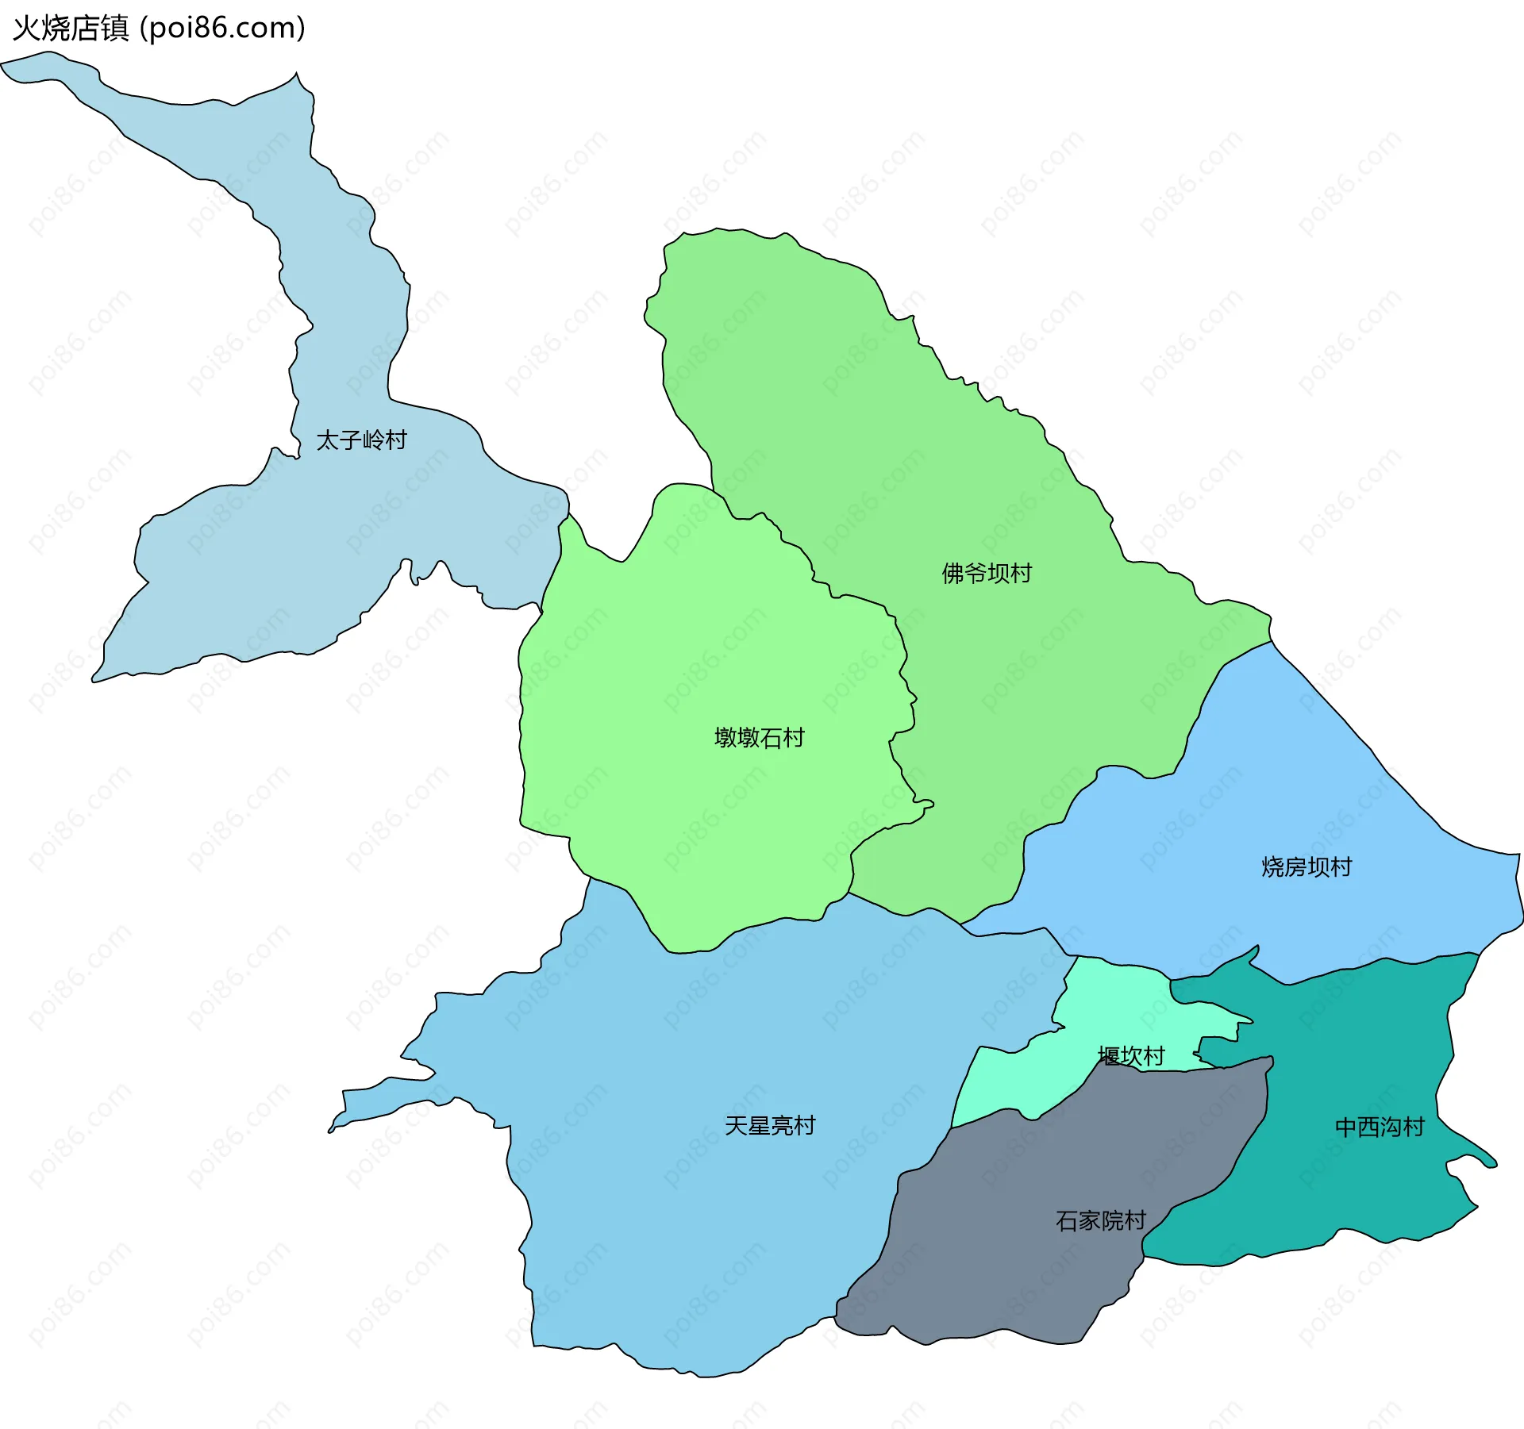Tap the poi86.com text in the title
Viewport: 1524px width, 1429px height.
pyautogui.click(x=222, y=29)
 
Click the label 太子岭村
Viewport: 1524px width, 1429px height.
pyautogui.click(x=362, y=440)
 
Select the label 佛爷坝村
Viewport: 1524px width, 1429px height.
pyautogui.click(x=987, y=573)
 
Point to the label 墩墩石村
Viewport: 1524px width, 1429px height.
pyautogui.click(x=760, y=738)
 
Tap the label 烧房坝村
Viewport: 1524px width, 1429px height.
pyautogui.click(x=1307, y=866)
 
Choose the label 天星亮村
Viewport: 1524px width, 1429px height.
pyautogui.click(x=770, y=1125)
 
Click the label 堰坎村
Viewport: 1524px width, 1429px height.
pyautogui.click(x=1131, y=1056)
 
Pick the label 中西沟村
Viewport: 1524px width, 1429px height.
pyautogui.click(x=1380, y=1127)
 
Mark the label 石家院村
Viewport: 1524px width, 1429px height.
pyautogui.click(x=1100, y=1220)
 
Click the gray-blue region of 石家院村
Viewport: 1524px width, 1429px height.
pyautogui.click(x=1032, y=1270)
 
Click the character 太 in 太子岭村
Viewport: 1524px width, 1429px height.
pyautogui.click(x=328, y=440)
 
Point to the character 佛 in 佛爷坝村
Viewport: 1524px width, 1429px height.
pyautogui.click(x=953, y=573)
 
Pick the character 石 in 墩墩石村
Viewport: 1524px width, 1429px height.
pyautogui.click(x=771, y=738)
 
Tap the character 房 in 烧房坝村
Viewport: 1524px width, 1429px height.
pyautogui.click(x=1295, y=866)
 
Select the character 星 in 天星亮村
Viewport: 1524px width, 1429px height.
pyautogui.click(x=759, y=1125)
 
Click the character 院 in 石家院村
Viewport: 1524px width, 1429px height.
pyautogui.click(x=1112, y=1220)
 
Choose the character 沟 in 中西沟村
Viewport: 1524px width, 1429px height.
pyautogui.click(x=1391, y=1127)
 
